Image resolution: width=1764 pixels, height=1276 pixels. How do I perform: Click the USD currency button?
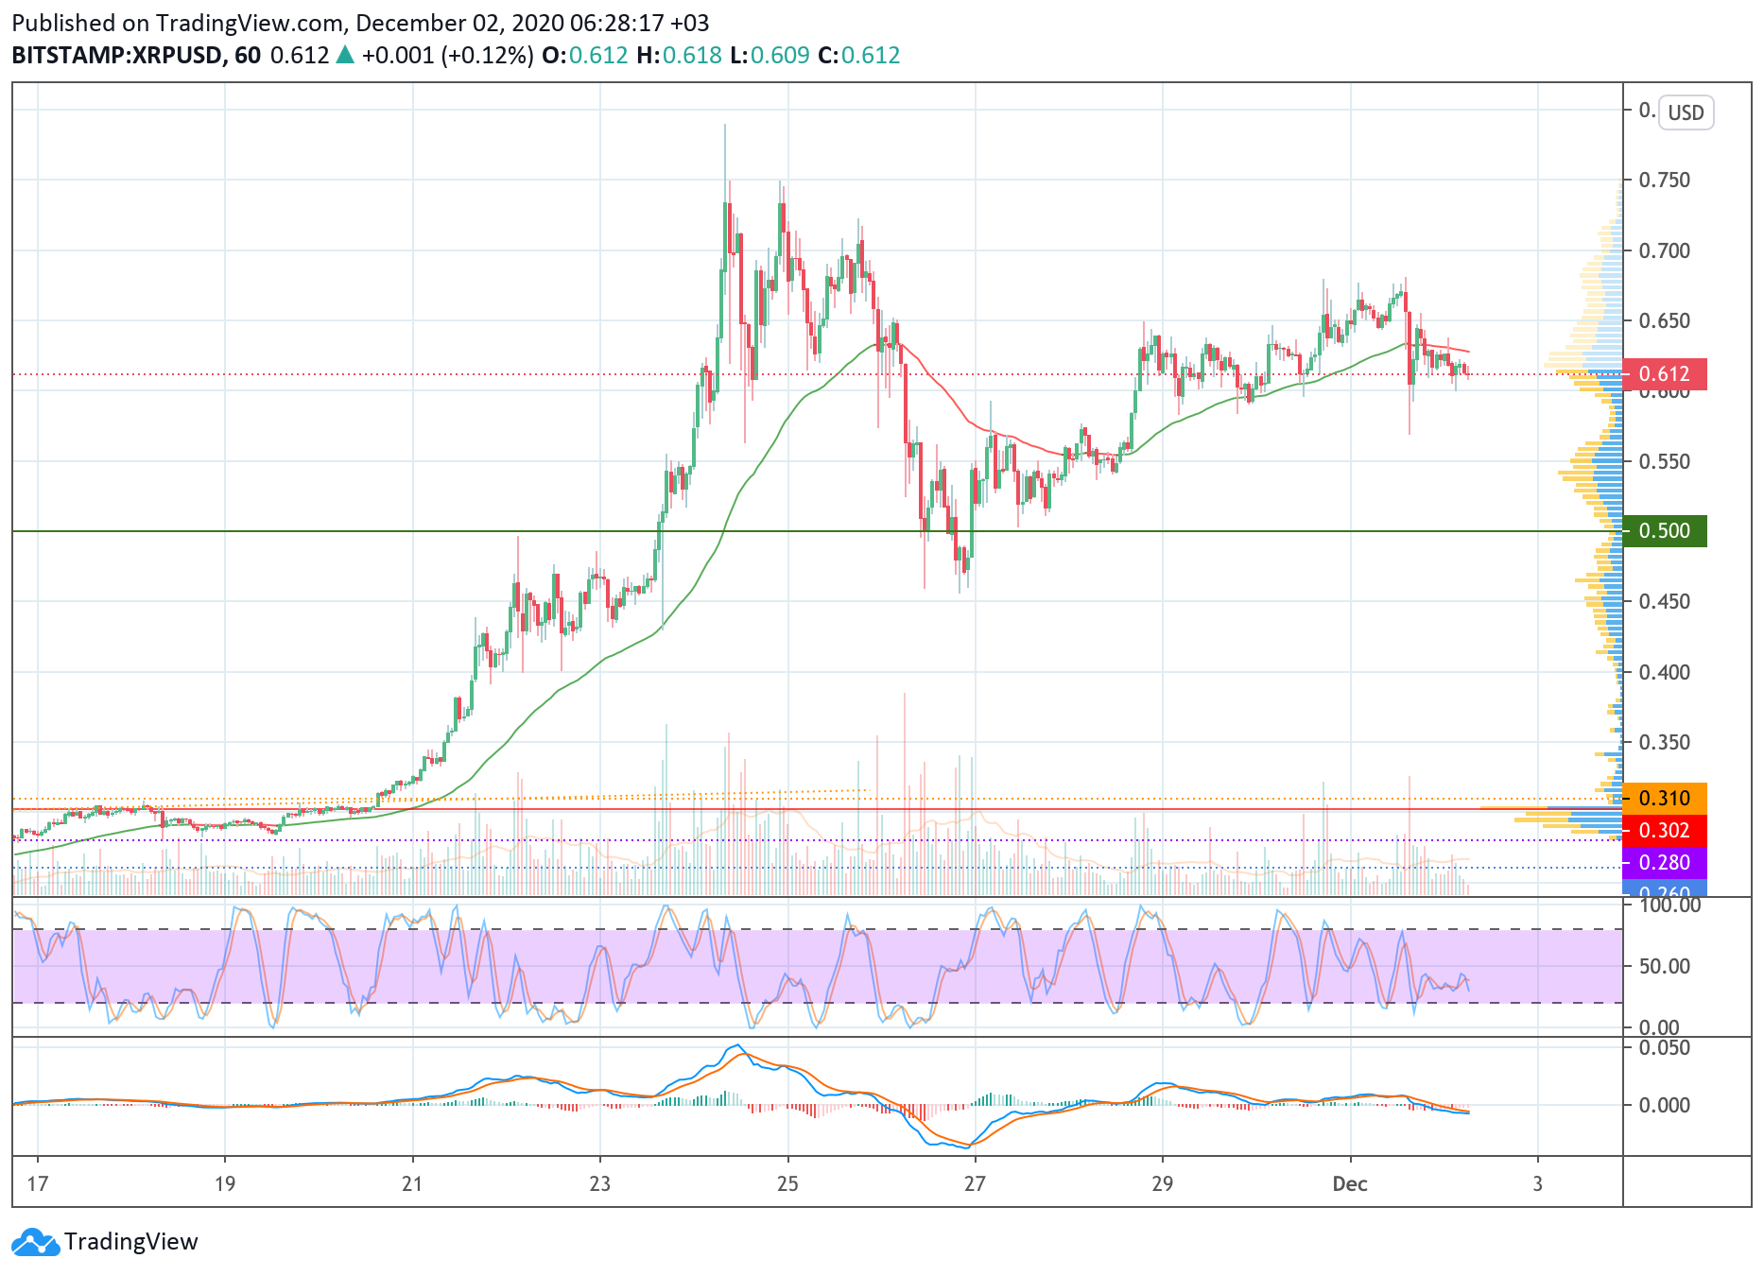pos(1686,112)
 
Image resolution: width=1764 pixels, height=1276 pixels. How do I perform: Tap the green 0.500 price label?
pos(1665,531)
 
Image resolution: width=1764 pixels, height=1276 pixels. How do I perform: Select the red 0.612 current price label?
pos(1665,374)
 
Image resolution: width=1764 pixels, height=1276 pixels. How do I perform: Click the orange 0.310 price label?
pos(1665,799)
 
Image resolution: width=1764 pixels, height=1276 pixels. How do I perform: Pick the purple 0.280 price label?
pos(1665,863)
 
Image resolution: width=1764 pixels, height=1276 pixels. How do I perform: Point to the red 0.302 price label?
pos(1665,831)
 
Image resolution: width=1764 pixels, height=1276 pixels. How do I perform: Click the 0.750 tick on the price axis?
pos(1665,180)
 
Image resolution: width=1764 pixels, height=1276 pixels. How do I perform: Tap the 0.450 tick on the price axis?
pos(1665,602)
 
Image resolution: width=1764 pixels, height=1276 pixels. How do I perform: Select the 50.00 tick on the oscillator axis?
pos(1665,966)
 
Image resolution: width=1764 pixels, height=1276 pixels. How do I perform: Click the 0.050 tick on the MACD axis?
pos(1665,1047)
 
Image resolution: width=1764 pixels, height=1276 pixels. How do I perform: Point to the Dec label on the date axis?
pos(1350,1184)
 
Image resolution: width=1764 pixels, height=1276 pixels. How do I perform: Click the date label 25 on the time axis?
pos(787,1184)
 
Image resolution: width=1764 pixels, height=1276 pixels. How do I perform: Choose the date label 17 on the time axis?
pos(38,1184)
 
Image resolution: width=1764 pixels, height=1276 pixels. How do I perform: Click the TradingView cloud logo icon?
pos(36,1242)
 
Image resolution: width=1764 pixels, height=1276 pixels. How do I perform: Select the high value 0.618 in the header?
pos(692,56)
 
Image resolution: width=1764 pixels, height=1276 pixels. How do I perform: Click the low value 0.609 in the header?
pos(780,56)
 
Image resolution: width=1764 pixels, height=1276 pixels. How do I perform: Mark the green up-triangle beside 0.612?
pos(345,55)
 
